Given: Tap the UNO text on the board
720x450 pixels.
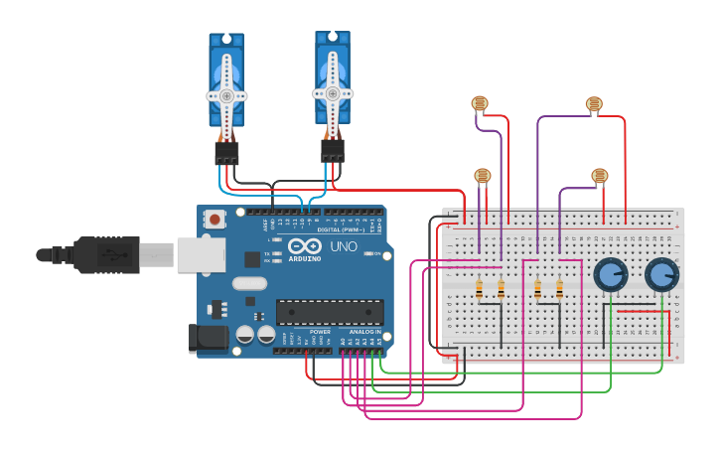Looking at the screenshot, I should pos(344,246).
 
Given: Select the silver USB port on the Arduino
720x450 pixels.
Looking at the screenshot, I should pos(201,254).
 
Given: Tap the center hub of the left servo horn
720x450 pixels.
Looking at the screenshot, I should pos(226,95).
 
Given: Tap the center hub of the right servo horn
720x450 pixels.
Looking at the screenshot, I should pos(333,93).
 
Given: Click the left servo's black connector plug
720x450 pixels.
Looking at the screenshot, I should pos(226,153).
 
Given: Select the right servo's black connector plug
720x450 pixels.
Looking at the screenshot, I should pos(333,150).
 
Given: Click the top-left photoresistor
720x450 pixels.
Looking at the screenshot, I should pos(480,102).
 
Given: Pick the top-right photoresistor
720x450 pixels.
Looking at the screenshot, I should pos(594,103).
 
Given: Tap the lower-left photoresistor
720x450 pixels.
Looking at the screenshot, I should pos(483,176).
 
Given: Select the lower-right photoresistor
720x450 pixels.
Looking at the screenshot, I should pos(599,176).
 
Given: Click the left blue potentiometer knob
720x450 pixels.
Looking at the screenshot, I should pos(610,273).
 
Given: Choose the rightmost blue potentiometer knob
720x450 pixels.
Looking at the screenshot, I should pos(661,274).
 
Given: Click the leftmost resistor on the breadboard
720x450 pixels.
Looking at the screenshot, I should pos(480,289).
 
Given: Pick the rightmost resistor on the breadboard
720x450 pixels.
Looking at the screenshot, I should pos(559,289).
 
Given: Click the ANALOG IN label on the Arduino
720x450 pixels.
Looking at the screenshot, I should pos(363,332).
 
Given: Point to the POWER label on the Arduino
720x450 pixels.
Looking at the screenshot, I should pos(320,332).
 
